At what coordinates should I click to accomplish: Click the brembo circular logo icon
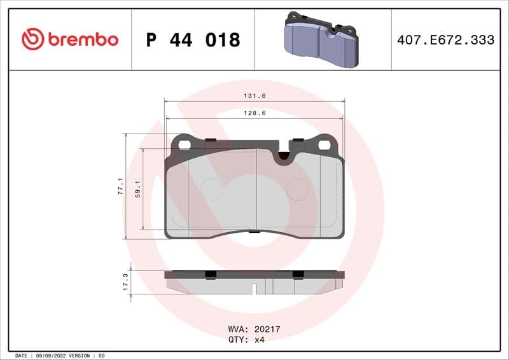(32, 39)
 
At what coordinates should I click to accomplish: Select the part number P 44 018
(193, 40)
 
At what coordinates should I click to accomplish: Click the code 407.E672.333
(445, 40)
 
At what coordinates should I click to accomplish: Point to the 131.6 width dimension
(254, 96)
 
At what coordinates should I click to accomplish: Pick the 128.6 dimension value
(254, 113)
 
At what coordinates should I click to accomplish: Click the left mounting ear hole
(185, 144)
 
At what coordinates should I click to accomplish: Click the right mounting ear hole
(324, 144)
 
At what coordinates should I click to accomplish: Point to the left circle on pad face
(211, 188)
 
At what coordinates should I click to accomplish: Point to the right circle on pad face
(296, 188)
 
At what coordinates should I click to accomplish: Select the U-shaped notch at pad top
(283, 156)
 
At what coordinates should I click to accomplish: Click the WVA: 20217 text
(254, 330)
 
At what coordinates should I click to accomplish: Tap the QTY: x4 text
(246, 340)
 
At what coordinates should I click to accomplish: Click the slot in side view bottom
(254, 289)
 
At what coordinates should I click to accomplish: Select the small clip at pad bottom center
(254, 231)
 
